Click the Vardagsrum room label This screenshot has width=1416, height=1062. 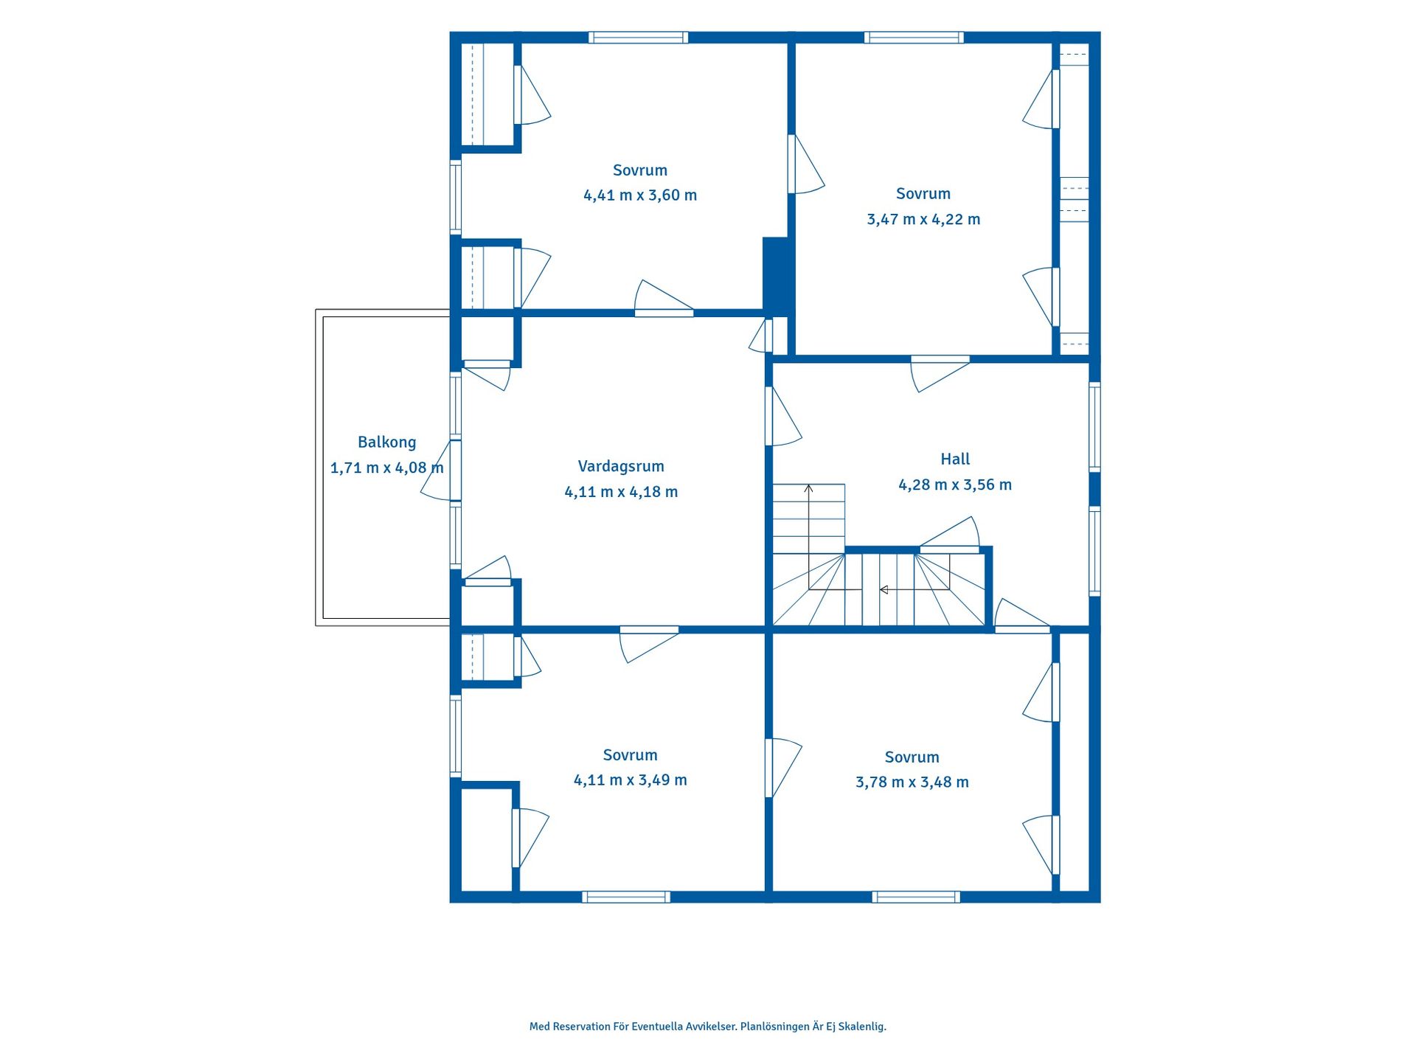621,467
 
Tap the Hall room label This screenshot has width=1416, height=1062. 955,459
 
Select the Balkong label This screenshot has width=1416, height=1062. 386,442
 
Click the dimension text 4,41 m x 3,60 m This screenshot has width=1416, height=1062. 640,195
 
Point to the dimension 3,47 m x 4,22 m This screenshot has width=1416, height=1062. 923,220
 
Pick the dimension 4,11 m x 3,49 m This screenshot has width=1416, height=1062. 631,780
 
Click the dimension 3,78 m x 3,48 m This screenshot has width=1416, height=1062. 912,782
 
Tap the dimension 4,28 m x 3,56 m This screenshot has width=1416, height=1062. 955,485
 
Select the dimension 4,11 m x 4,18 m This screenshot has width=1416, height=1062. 621,492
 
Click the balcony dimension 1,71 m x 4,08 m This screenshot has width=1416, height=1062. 387,468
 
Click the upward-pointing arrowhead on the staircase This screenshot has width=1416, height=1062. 808,487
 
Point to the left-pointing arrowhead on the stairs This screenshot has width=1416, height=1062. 884,590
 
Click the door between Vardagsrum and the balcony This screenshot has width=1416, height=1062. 442,471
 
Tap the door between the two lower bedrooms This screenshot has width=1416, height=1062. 782,768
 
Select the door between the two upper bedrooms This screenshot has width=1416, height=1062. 805,164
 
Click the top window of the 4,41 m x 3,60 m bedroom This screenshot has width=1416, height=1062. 639,38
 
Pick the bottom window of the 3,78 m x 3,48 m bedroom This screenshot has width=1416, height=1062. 916,897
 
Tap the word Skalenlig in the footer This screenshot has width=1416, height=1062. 862,1027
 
